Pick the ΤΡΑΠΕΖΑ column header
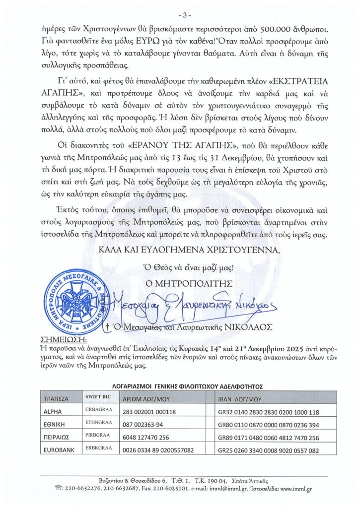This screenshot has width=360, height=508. [x=56, y=398]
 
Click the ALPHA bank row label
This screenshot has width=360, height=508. [x=52, y=412]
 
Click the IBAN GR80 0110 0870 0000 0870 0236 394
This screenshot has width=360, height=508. [x=269, y=425]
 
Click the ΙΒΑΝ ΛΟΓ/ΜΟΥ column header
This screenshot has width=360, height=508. [x=239, y=398]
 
